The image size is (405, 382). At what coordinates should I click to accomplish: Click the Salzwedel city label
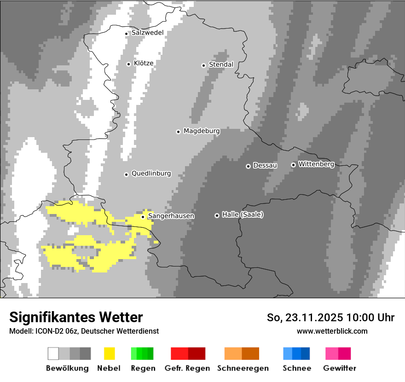tap(147, 33)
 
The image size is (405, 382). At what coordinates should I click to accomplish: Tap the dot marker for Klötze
tap(128, 64)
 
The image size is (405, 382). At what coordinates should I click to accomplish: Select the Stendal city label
tap(221, 64)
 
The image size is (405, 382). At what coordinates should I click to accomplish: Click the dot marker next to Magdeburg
tap(178, 132)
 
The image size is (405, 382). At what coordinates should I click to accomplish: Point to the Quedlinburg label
tap(151, 174)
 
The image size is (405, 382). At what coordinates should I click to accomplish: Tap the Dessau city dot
tap(248, 166)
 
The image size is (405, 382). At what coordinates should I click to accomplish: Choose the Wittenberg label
tap(316, 164)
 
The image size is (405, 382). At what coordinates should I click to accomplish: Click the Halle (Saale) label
tap(243, 214)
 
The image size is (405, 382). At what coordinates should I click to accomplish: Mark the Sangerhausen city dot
tap(143, 217)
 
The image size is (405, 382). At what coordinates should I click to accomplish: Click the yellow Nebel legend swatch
tap(109, 353)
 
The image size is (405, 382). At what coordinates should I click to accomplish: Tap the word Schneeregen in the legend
tap(243, 368)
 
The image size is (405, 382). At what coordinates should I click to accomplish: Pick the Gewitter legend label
tap(339, 368)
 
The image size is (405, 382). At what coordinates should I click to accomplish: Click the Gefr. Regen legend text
tap(187, 368)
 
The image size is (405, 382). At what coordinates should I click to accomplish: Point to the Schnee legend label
tap(296, 368)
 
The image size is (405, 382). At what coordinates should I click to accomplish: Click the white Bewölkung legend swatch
tap(53, 353)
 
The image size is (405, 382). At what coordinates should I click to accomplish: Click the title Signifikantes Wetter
tap(76, 317)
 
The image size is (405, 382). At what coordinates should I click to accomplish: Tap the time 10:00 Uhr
tap(370, 318)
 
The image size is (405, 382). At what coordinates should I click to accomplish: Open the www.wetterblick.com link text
tap(332, 331)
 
